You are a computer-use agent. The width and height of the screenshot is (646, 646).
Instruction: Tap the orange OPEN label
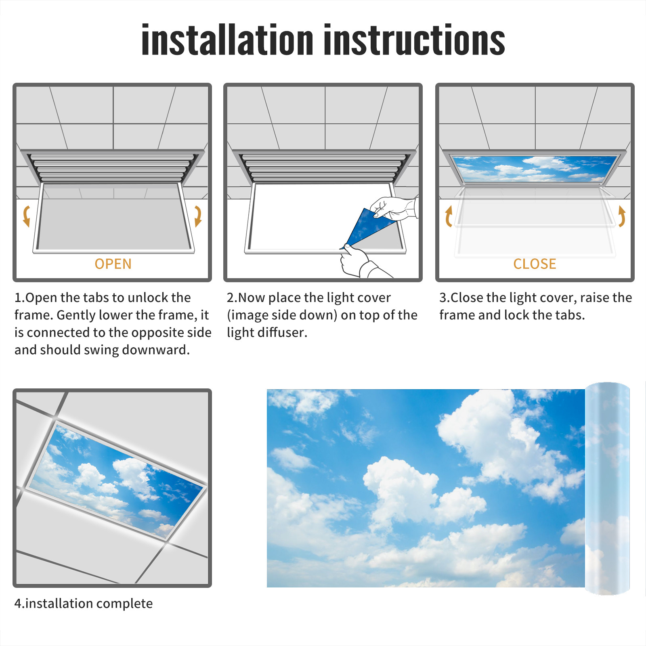click(113, 264)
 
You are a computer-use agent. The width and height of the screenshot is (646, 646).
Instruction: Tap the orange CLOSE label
click(535, 264)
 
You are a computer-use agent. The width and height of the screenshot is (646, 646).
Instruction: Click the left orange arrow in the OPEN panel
click(26, 216)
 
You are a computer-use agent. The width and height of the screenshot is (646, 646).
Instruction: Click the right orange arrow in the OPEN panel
click(198, 216)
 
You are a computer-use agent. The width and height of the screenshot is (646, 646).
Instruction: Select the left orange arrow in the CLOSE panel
click(448, 216)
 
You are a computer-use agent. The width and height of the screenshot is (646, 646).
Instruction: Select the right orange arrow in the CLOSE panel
click(622, 216)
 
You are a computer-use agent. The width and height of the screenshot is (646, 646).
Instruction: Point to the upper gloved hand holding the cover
click(394, 208)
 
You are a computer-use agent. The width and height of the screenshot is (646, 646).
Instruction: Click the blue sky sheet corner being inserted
click(365, 228)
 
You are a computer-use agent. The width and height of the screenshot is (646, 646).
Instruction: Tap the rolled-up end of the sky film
click(607, 489)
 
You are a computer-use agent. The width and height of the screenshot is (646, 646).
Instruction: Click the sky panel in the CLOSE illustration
click(535, 169)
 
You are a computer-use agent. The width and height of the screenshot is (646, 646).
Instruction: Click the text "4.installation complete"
click(84, 604)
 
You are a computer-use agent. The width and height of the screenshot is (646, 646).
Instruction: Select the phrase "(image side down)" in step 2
click(282, 315)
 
